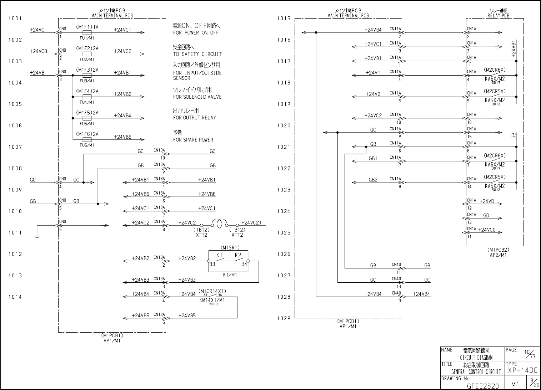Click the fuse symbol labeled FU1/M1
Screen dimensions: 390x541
tap(87, 32)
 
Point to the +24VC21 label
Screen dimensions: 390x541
tap(251, 223)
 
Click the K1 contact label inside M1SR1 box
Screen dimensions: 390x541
tap(219, 255)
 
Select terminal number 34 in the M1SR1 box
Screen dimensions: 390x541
tap(244, 264)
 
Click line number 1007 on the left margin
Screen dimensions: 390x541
tap(15, 147)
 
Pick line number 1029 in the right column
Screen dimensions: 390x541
tap(284, 318)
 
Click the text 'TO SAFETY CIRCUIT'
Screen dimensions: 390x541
tap(197, 54)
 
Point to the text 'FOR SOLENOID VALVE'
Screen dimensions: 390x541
tap(197, 97)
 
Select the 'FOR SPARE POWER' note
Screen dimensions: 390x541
tap(193, 140)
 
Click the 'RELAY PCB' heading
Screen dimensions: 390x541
tap(499, 16)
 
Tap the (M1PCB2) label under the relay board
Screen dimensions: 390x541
tap(499, 250)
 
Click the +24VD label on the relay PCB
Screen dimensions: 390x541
tap(487, 201)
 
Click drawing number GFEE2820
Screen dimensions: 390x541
tap(483, 386)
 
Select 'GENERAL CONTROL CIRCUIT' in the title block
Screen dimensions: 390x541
tap(476, 372)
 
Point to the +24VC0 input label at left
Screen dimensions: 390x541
tap(39, 51)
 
